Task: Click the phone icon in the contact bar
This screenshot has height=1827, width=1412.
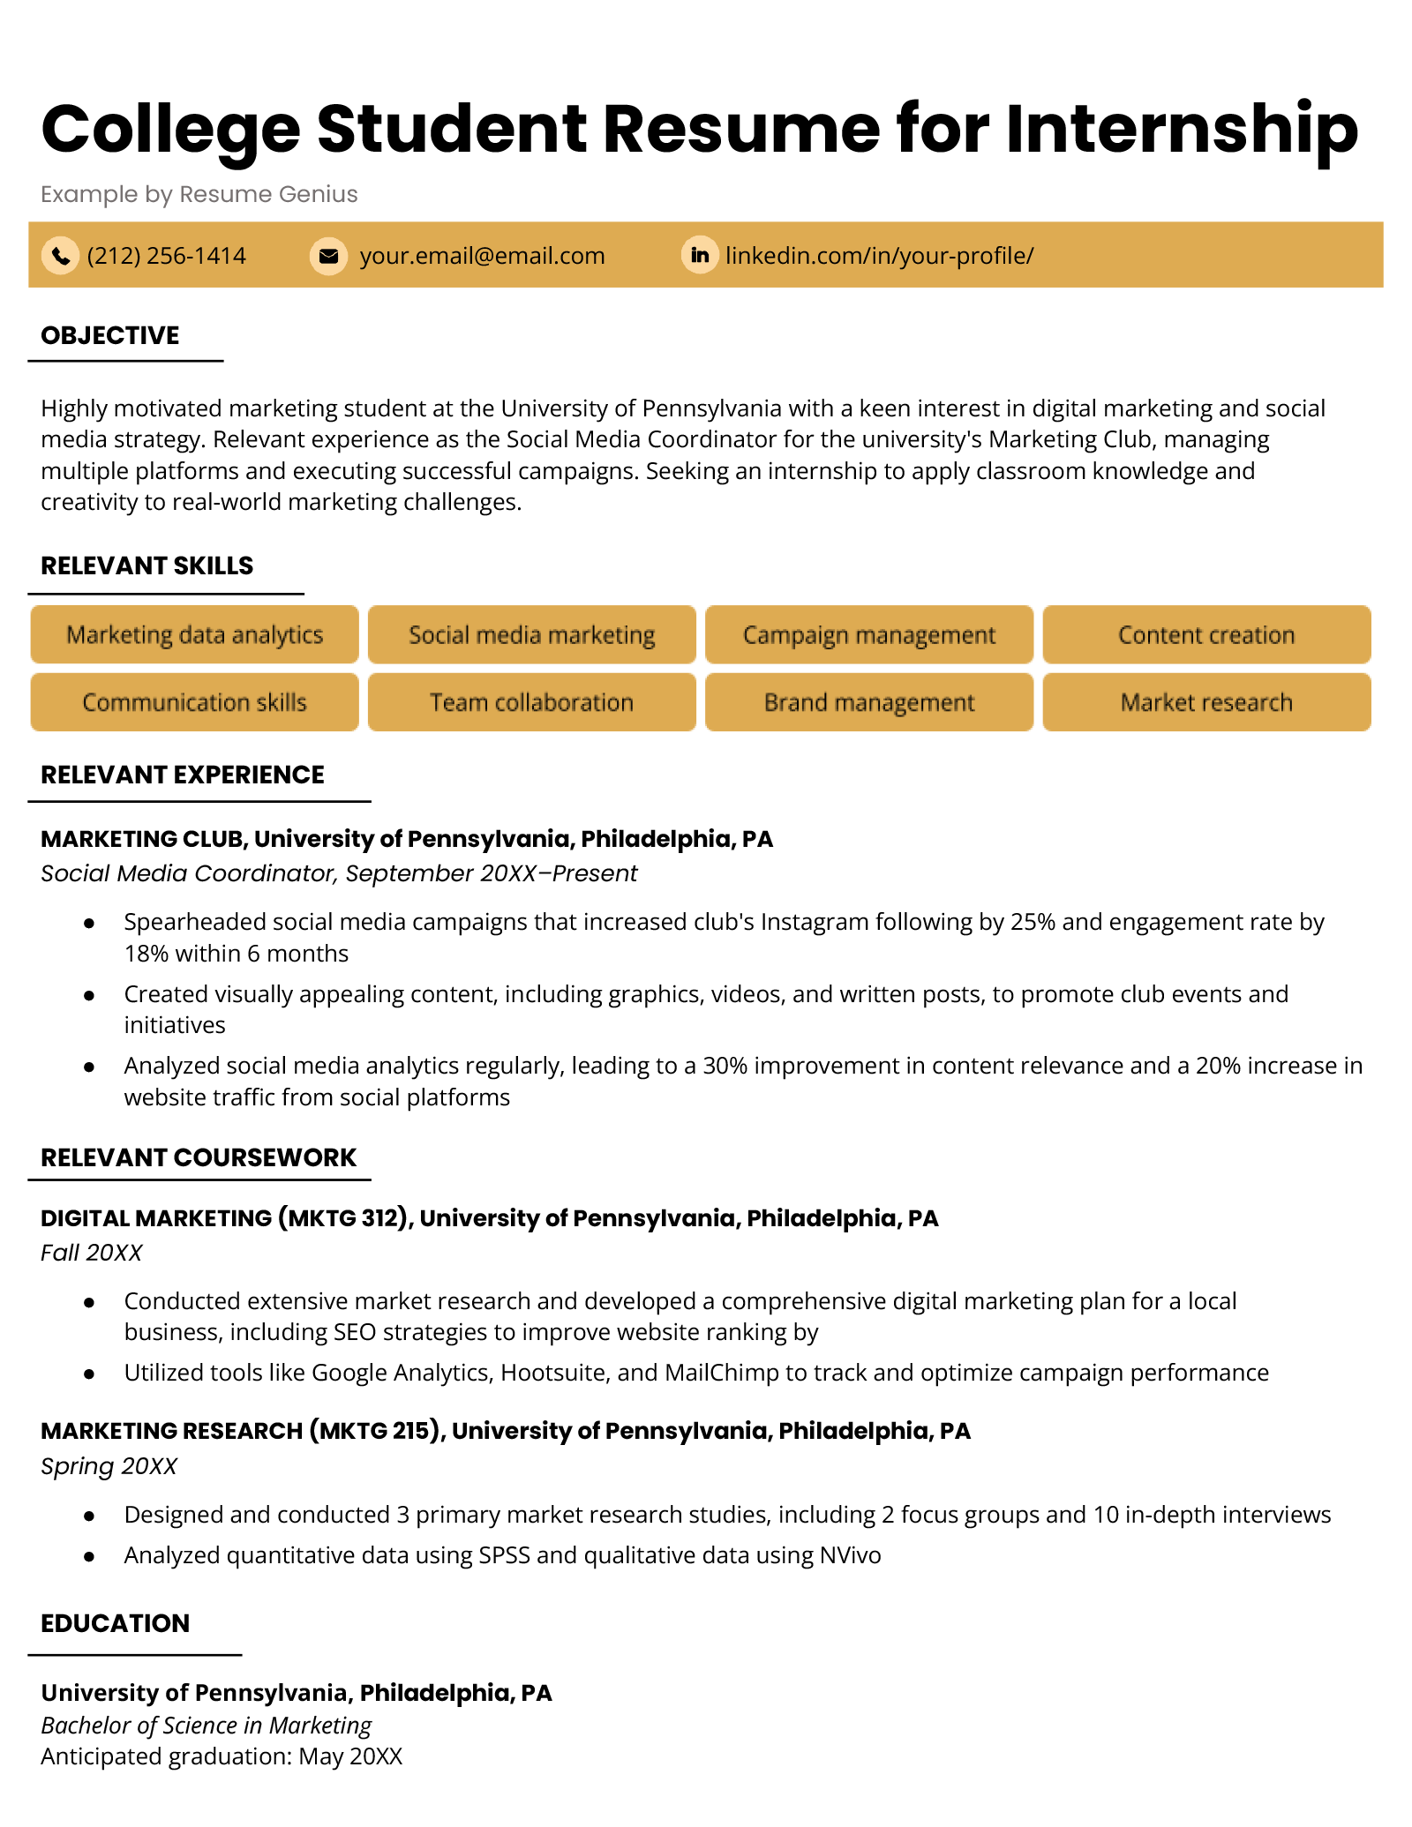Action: [60, 256]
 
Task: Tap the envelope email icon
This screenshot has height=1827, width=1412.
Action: [328, 256]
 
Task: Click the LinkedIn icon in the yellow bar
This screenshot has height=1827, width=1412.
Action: [700, 256]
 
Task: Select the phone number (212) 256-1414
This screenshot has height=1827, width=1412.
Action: [166, 256]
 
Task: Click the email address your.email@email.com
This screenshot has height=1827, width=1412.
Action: [482, 256]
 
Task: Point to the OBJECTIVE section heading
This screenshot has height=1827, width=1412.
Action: [110, 335]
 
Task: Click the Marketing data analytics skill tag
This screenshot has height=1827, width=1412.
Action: [194, 635]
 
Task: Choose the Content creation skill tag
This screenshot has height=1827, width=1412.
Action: [1205, 635]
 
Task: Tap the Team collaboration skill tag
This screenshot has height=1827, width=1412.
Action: [531, 702]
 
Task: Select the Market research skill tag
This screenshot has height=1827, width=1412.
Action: [1205, 702]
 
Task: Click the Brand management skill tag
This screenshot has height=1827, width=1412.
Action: [868, 702]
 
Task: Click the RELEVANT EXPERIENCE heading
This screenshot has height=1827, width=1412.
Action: [183, 775]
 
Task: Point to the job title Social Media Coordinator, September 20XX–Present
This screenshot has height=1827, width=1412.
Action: [339, 873]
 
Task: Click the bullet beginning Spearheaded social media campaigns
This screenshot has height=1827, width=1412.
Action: [724, 923]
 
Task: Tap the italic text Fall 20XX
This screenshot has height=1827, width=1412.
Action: [91, 1253]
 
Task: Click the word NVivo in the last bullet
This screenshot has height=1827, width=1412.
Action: [850, 1555]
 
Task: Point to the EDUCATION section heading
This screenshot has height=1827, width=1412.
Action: [116, 1623]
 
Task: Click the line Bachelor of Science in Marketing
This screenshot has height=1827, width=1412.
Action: [206, 1726]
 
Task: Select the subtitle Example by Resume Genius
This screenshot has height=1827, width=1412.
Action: [199, 194]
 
